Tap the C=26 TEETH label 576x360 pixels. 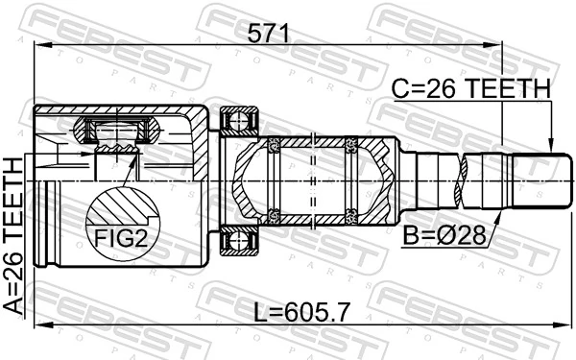(470, 89)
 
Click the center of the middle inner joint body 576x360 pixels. (312, 180)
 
